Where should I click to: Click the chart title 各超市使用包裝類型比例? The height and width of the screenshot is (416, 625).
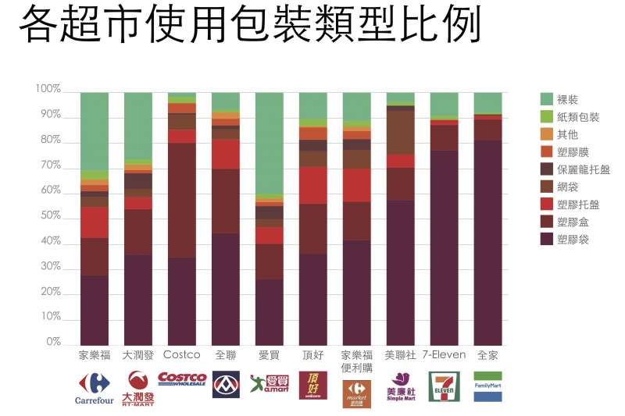click(x=249, y=27)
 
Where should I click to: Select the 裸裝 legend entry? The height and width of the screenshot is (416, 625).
click(x=567, y=99)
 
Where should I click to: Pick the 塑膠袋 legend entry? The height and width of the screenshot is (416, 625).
click(x=573, y=239)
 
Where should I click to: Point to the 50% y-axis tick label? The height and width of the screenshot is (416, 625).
click(x=48, y=215)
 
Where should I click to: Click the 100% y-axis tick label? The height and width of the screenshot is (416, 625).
click(x=47, y=89)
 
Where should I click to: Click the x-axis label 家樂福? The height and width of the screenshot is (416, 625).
click(x=94, y=354)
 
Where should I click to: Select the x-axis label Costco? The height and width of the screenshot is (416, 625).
click(x=181, y=354)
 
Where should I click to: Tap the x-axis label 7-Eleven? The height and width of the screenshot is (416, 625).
click(x=444, y=354)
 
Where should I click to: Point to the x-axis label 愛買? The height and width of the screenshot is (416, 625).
click(x=269, y=354)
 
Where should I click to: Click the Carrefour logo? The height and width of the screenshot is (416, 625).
click(x=94, y=387)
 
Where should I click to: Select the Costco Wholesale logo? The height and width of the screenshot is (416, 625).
click(x=182, y=379)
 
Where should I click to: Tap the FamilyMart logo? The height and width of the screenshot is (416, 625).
click(x=487, y=386)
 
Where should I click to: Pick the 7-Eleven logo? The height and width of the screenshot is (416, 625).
click(x=444, y=386)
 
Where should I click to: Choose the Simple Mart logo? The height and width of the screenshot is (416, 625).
click(x=401, y=386)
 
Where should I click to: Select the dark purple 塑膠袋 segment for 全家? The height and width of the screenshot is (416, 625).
click(x=487, y=242)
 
